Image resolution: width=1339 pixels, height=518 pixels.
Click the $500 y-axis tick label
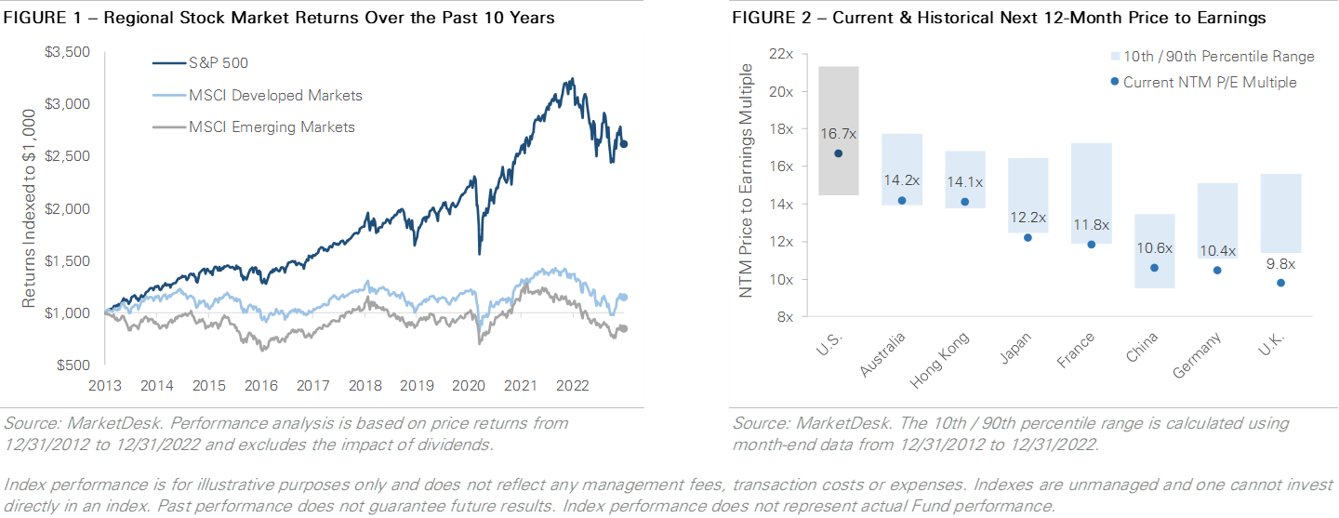[x=72, y=365]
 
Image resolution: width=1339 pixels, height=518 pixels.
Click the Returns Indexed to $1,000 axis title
[x=29, y=208]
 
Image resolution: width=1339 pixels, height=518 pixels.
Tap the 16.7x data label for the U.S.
[x=838, y=134]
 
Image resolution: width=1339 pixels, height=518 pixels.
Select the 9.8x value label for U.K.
[x=1280, y=263]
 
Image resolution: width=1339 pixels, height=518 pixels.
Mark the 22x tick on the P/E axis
[x=781, y=54]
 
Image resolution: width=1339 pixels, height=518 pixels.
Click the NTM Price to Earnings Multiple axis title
[x=746, y=186]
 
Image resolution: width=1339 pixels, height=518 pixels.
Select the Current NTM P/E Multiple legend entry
[x=1209, y=82]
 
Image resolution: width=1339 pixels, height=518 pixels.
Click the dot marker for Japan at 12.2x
[x=1027, y=237]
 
